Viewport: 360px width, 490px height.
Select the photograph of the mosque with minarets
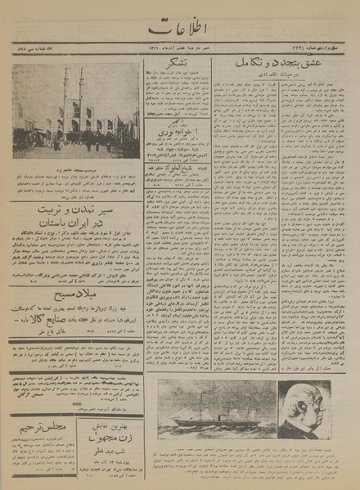pyautogui.click(x=76, y=112)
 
